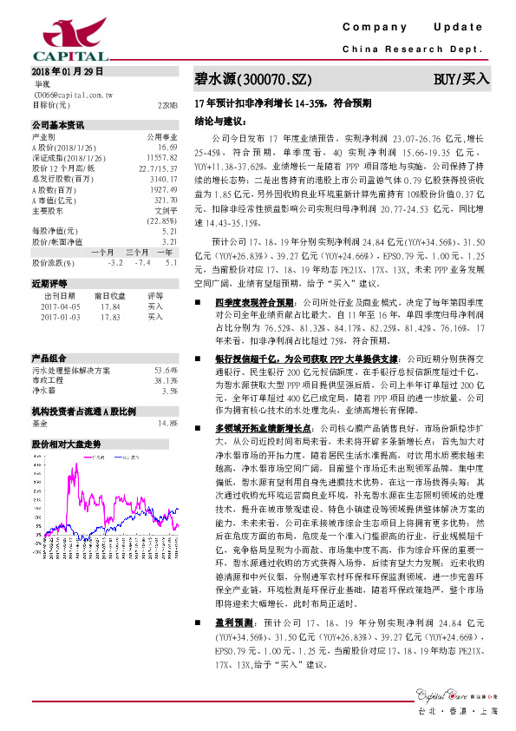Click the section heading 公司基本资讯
pyautogui.click(x=58, y=124)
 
